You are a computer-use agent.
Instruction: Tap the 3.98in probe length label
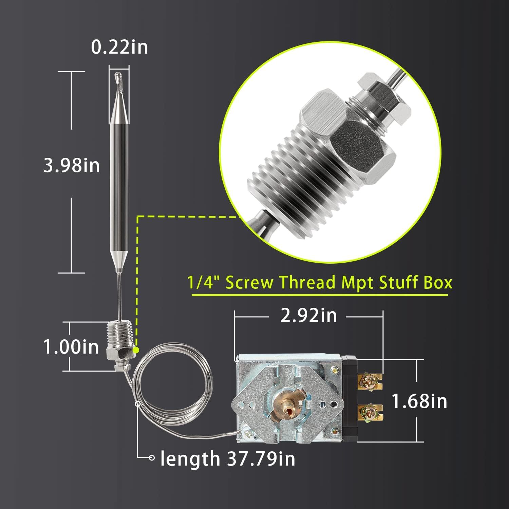tap(72, 166)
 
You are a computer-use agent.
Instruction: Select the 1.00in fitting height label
tap(71, 347)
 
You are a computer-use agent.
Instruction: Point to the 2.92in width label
tap(308, 316)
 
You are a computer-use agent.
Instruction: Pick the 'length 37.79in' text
tap(228, 458)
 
